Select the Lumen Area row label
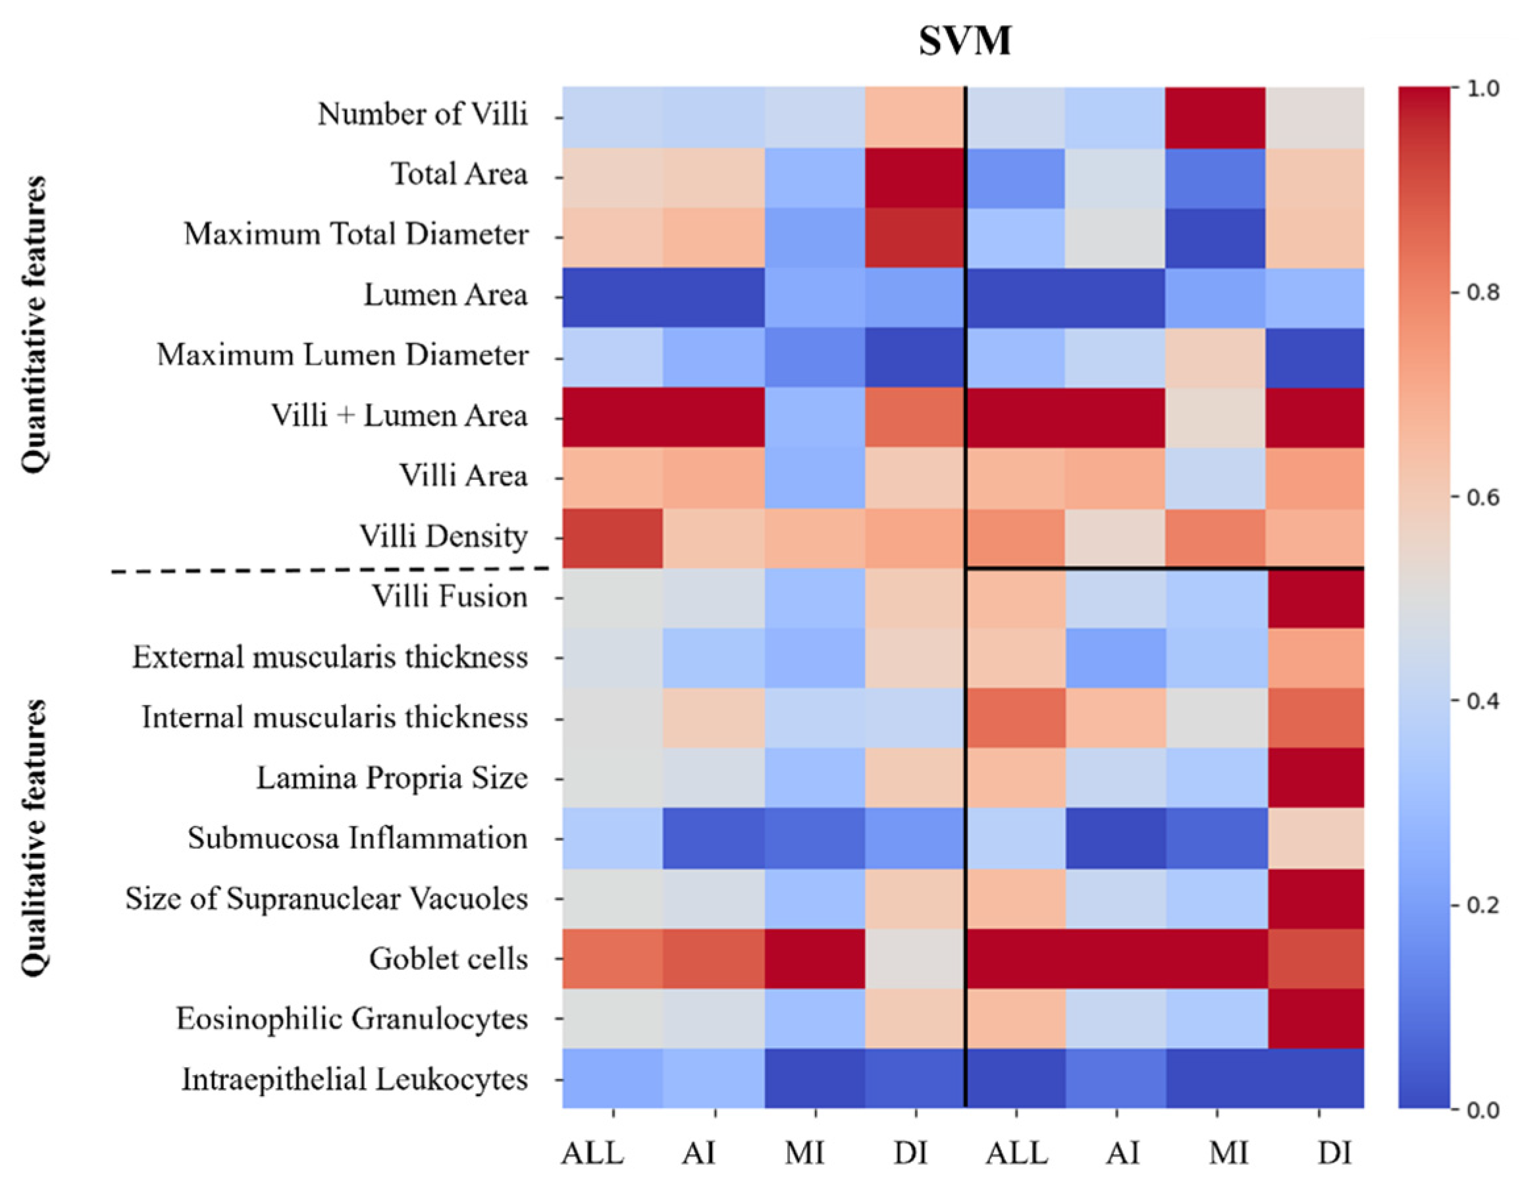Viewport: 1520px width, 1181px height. tap(446, 296)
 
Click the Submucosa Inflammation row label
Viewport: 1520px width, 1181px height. tap(357, 839)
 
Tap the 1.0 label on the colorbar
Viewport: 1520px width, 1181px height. tap(1482, 89)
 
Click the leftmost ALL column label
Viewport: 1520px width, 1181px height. tap(592, 1153)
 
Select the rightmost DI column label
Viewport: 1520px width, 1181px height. tap(1334, 1153)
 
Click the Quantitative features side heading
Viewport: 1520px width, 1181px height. tap(34, 325)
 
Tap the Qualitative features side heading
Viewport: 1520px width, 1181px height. tap(34, 838)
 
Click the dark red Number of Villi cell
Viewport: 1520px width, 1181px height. tap(1215, 118)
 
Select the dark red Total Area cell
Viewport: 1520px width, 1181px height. tap(914, 178)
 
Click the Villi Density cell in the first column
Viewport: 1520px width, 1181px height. tap(612, 538)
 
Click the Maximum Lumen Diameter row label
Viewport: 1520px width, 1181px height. tap(342, 355)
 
